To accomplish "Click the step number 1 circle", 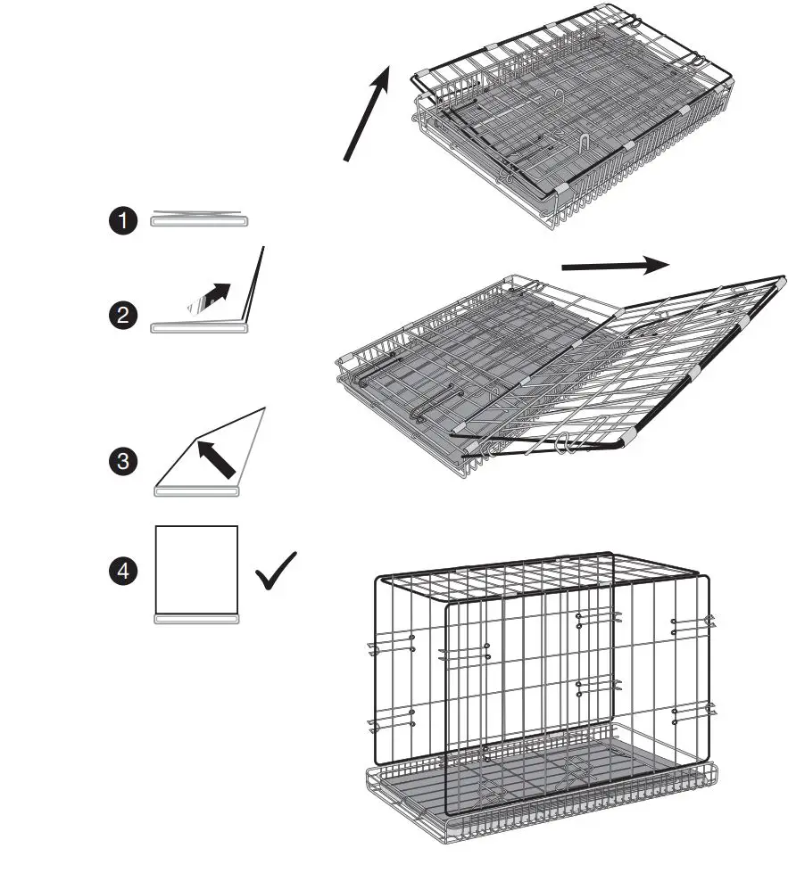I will coord(122,221).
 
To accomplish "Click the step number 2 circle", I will coord(122,315).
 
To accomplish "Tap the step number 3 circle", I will coord(122,461).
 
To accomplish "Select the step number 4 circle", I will coord(122,572).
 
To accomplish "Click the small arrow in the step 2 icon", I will coord(210,296).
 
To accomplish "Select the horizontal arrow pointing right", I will coord(616,265).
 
